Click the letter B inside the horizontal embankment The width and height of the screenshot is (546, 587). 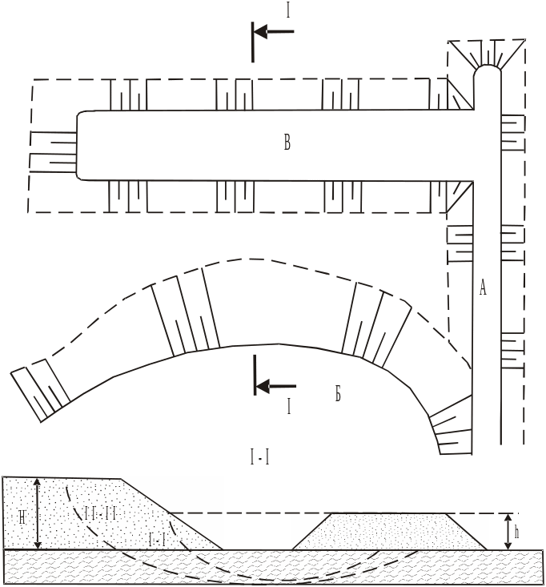(287, 143)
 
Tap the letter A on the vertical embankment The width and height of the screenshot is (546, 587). (483, 289)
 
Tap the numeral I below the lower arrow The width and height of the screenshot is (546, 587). (288, 408)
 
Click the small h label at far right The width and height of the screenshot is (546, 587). (516, 530)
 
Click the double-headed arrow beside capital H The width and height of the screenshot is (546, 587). (37, 513)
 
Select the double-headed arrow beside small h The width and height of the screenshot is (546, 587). (506, 532)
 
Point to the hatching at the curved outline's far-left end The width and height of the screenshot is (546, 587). (36, 388)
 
